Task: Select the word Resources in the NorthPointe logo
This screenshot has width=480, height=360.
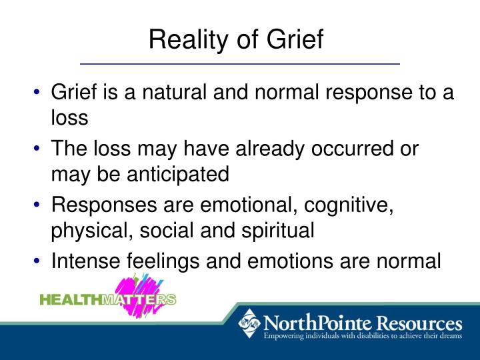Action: click(x=417, y=324)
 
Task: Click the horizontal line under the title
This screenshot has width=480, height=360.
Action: click(x=239, y=63)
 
